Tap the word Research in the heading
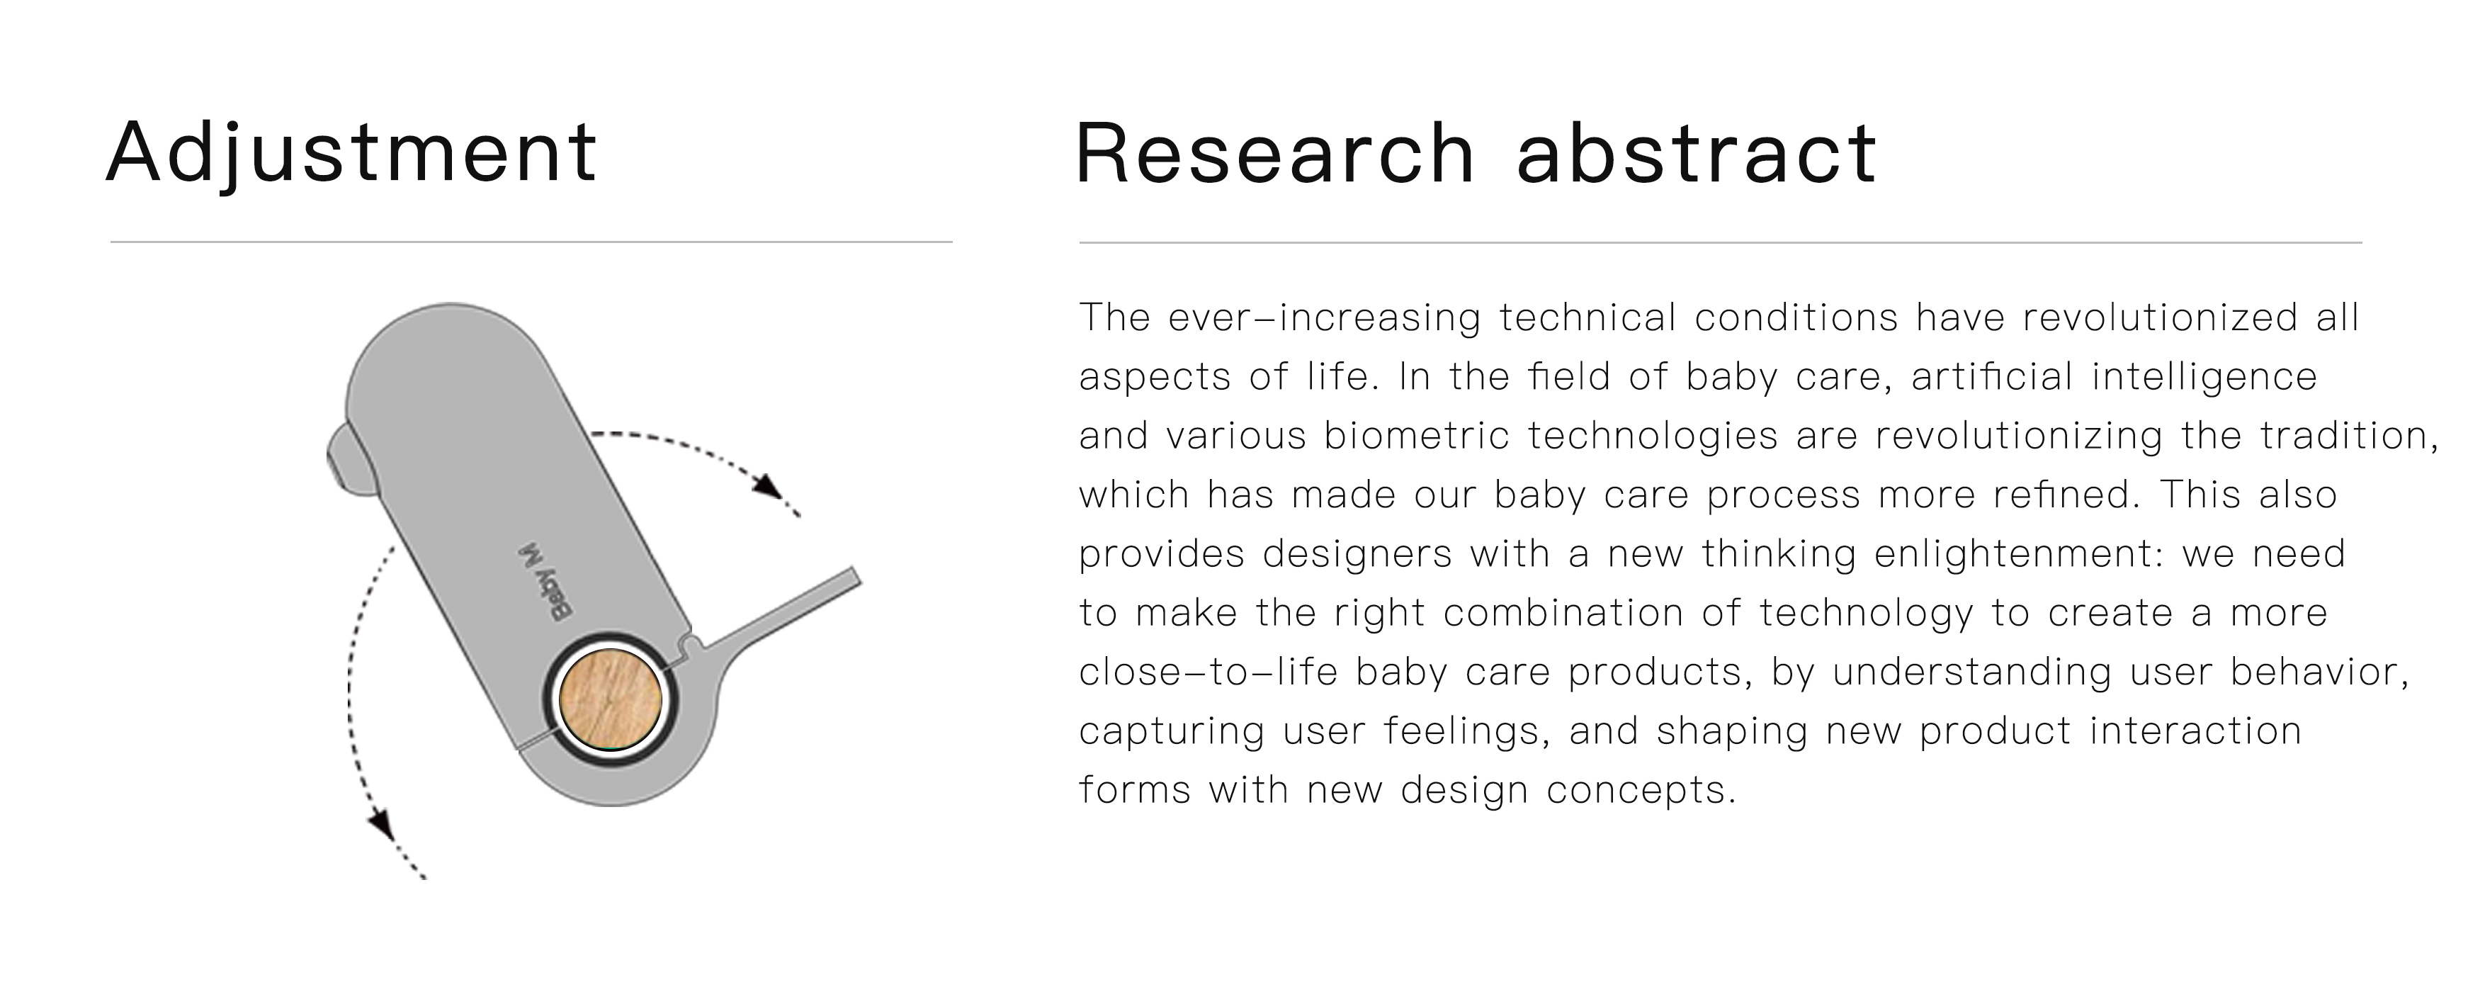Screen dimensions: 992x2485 click(x=1274, y=154)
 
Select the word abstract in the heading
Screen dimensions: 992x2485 click(x=1696, y=154)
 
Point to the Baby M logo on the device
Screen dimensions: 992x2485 click(x=544, y=583)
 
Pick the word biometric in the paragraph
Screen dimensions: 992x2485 click(x=1416, y=436)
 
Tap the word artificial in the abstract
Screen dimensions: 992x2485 click(x=1991, y=377)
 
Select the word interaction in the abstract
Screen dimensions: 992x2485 click(x=2195, y=731)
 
